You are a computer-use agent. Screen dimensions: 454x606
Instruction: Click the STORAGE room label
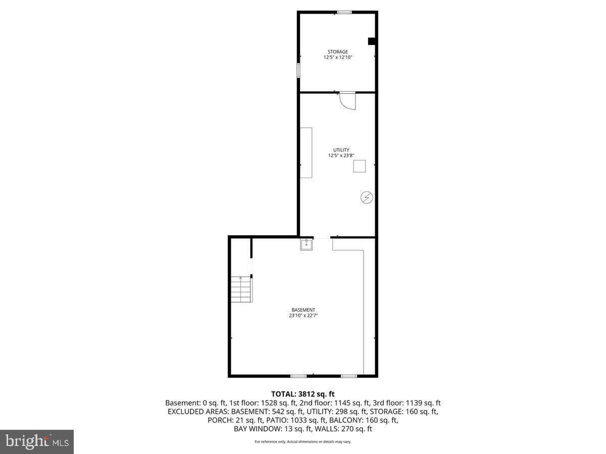[337, 52]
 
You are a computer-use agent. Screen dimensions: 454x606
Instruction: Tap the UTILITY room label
[341, 150]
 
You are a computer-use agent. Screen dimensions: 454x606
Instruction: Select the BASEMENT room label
[303, 310]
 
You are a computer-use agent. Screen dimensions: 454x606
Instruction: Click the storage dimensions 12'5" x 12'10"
[337, 58]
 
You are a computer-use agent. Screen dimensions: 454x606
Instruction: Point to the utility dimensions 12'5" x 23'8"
[341, 156]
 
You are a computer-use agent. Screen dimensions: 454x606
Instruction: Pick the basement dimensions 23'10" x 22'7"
[303, 316]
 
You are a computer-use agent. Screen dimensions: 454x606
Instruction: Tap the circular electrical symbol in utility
[367, 198]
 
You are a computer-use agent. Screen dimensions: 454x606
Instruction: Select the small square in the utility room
[359, 166]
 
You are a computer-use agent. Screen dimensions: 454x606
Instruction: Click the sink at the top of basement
[306, 245]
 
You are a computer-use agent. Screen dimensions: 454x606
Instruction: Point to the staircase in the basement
[241, 289]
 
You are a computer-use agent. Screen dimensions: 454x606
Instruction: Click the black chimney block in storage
[372, 41]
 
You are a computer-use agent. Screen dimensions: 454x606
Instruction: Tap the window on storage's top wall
[345, 12]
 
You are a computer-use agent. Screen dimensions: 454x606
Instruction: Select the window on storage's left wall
[298, 70]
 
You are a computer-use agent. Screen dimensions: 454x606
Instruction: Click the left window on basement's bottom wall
[298, 376]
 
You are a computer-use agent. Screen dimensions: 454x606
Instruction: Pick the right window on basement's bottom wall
[349, 376]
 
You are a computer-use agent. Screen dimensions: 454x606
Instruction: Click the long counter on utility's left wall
[306, 152]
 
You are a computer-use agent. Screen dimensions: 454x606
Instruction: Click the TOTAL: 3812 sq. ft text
[303, 394]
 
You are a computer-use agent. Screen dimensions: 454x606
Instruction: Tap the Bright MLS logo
[37, 442]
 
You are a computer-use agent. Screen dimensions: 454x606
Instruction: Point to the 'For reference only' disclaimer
[303, 442]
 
